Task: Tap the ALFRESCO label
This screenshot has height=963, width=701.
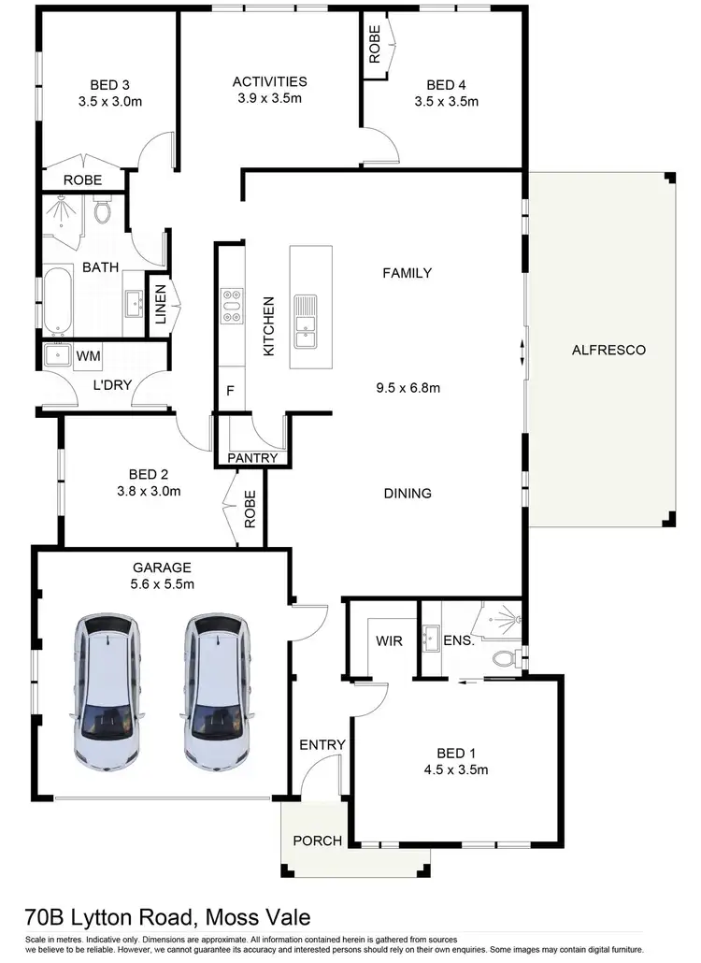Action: click(x=608, y=351)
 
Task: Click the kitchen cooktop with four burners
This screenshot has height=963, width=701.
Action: click(x=231, y=306)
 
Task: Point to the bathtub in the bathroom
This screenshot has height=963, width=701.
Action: click(x=57, y=301)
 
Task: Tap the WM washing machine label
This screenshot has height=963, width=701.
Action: click(x=88, y=356)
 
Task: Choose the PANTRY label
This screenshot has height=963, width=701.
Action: click(x=252, y=458)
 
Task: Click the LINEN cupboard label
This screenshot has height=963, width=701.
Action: click(x=161, y=304)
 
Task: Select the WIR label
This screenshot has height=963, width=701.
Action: click(x=390, y=642)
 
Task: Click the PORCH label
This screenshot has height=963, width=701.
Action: click(x=318, y=841)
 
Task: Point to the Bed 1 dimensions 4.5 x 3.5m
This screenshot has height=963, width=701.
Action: click(x=458, y=770)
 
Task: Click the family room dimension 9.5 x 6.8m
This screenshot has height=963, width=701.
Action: click(x=408, y=386)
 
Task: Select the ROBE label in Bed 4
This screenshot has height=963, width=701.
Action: click(x=375, y=44)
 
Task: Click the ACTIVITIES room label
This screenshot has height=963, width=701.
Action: click(x=270, y=81)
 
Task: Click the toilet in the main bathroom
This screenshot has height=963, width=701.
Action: click(x=103, y=212)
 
